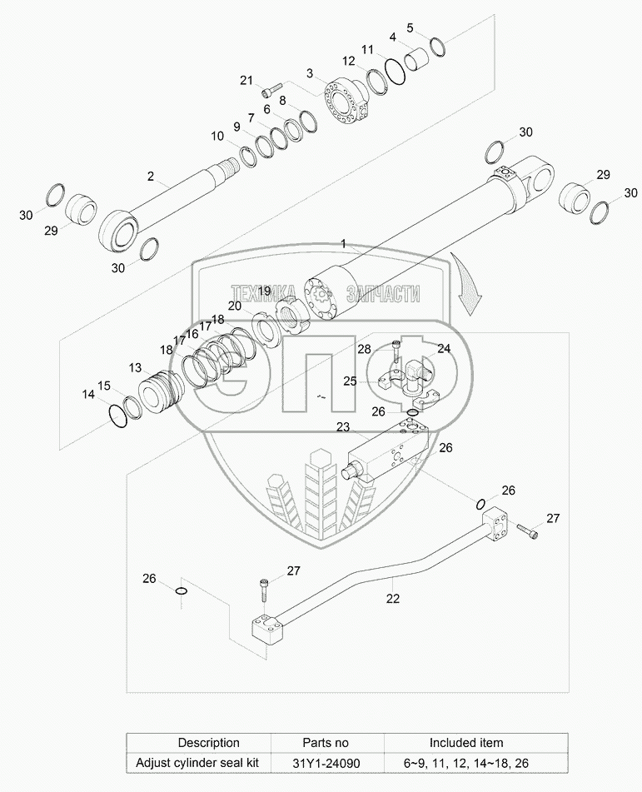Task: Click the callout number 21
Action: point(246,80)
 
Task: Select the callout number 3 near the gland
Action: point(310,73)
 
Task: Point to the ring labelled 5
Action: point(438,46)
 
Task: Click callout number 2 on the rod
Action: point(151,177)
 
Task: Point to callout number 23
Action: point(343,427)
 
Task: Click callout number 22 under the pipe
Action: point(393,599)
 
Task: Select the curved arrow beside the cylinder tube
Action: point(467,283)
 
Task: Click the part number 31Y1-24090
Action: point(326,763)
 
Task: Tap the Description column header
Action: point(209,743)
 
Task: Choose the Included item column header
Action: point(466,743)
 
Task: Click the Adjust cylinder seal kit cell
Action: point(197,763)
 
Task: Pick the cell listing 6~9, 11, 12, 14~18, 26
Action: point(466,763)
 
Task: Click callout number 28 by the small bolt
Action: point(364,349)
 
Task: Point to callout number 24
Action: point(444,348)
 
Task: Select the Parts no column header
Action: point(326,743)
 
